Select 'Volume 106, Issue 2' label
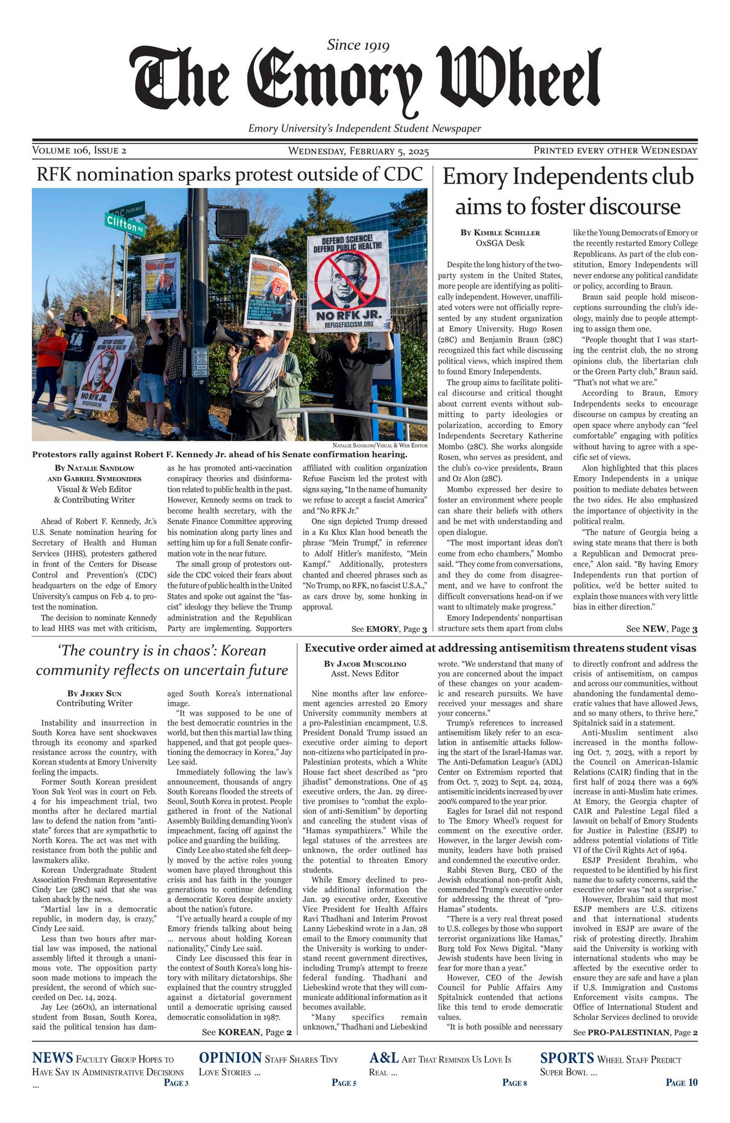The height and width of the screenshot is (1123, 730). pos(80,150)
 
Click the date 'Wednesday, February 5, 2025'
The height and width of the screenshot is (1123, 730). pos(358,151)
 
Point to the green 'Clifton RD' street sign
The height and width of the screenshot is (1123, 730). pos(125,224)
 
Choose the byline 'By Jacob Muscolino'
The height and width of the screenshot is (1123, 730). pos(365,663)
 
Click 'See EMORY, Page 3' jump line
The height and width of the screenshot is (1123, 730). pos(389,628)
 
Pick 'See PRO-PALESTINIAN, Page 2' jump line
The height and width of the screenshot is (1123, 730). pos(635,1033)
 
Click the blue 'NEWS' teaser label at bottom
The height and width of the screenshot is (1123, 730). pos(53,1058)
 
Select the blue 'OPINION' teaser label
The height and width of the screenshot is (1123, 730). pos(230,1058)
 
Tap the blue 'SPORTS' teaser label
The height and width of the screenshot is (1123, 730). pos(567,1058)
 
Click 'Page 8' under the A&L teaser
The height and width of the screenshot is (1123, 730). pos(514,1082)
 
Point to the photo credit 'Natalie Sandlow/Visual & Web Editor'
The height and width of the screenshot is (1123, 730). pos(380,445)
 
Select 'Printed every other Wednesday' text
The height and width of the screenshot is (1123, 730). pos(615,150)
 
